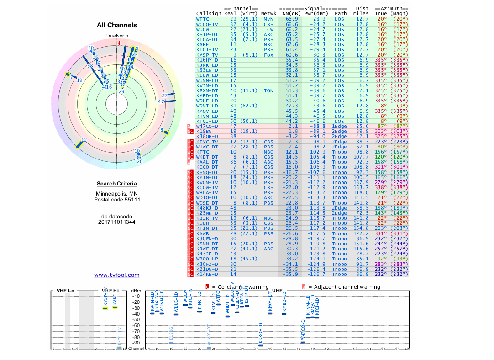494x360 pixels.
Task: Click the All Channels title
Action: coord(117,25)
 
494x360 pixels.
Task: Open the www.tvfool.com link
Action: coord(117,275)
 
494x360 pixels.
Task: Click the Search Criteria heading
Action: coord(116,184)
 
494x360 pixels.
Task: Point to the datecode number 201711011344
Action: coord(117,222)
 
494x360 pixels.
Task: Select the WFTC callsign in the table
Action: coord(203,19)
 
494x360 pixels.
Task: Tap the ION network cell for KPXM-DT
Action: coord(268,91)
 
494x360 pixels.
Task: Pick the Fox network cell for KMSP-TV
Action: coord(268,55)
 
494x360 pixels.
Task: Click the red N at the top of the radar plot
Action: coord(118,43)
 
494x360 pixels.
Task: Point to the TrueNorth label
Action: coord(117,36)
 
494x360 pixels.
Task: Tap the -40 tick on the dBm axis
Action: coord(136,314)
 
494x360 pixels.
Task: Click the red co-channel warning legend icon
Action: coord(207,287)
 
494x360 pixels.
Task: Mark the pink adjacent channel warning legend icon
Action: coord(303,287)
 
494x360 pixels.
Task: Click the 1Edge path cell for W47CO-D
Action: coord(339,127)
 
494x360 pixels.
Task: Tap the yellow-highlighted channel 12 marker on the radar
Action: coord(80,144)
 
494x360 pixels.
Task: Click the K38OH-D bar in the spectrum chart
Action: coord(261,345)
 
